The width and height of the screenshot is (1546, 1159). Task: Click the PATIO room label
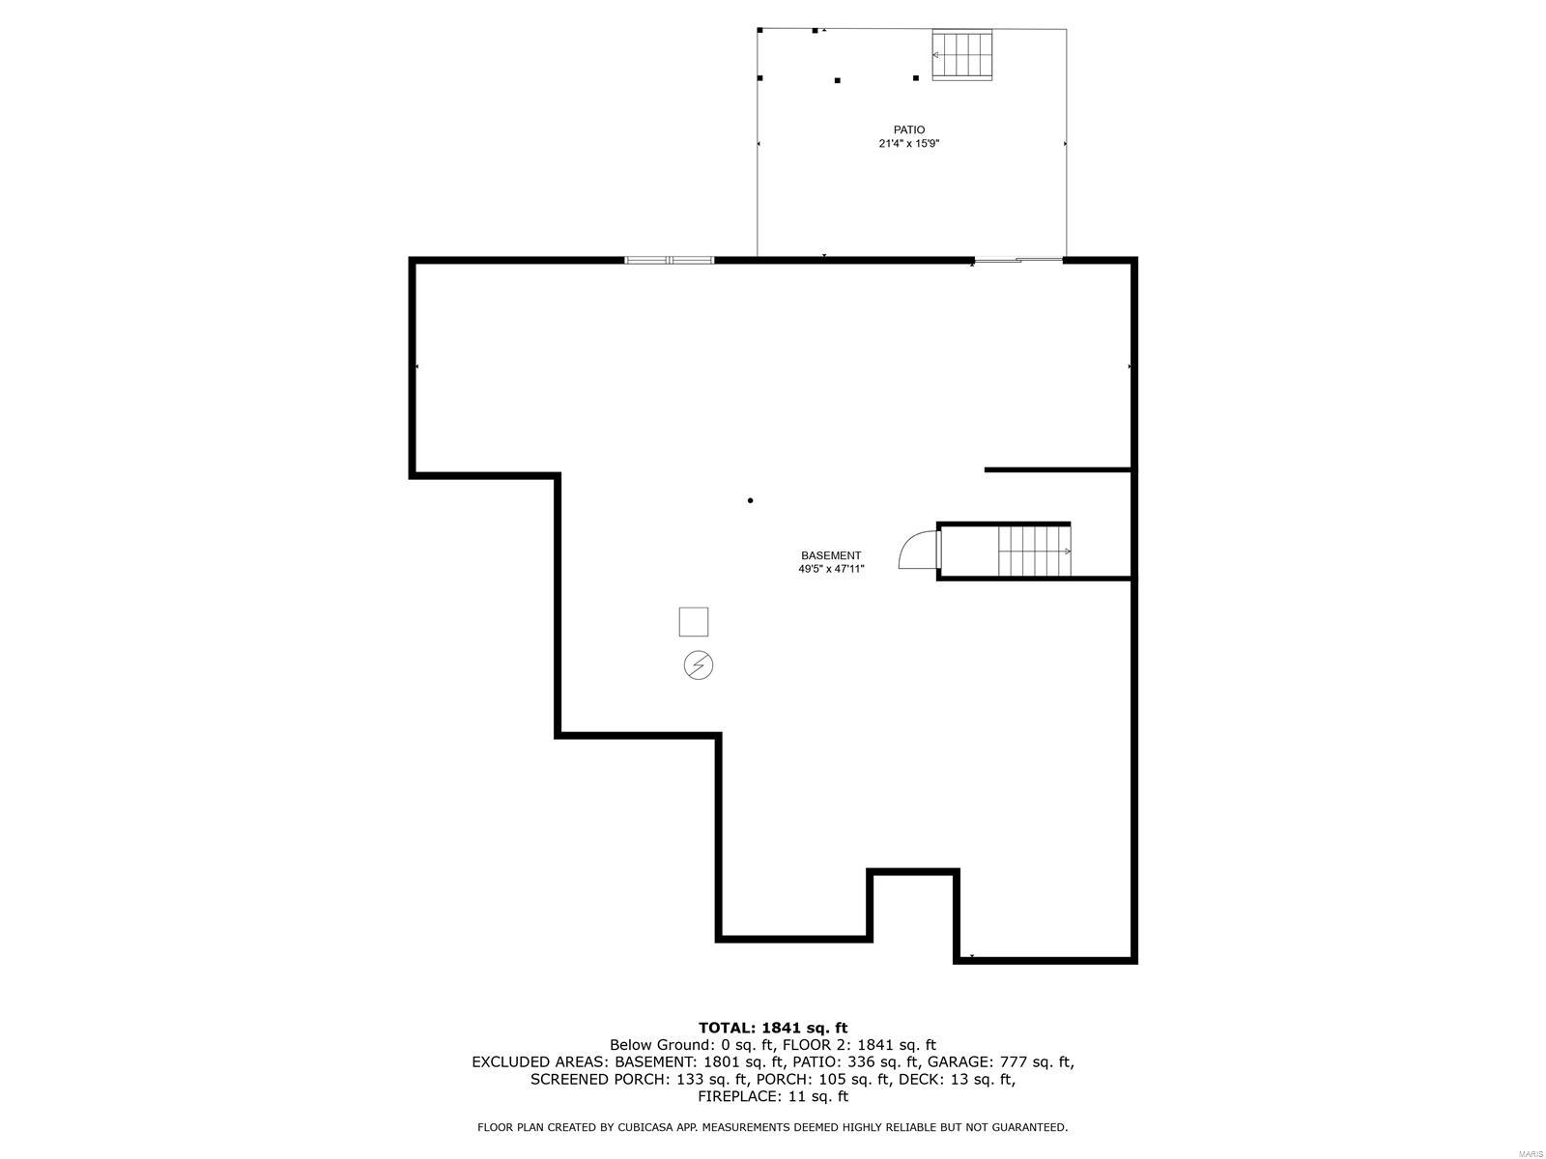[908, 129]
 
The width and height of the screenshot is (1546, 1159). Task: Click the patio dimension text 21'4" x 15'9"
[908, 144]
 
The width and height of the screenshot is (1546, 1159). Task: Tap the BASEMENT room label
[830, 555]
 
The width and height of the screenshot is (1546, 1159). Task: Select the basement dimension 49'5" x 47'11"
[830, 570]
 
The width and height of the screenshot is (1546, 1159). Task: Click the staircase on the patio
[962, 55]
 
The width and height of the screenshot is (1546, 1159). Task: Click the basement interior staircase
[1034, 551]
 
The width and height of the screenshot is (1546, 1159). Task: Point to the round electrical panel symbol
[699, 665]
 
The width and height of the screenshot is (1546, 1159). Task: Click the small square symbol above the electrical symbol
[693, 622]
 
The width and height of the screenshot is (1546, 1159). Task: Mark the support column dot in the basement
[750, 500]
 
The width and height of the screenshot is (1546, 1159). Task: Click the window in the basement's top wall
[669, 260]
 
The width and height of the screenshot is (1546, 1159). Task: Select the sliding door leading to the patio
[1017, 259]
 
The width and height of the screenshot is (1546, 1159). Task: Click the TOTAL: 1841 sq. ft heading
[772, 1028]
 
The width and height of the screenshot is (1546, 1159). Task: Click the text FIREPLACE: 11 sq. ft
[772, 1096]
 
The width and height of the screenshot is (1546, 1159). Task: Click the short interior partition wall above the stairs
[1057, 470]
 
